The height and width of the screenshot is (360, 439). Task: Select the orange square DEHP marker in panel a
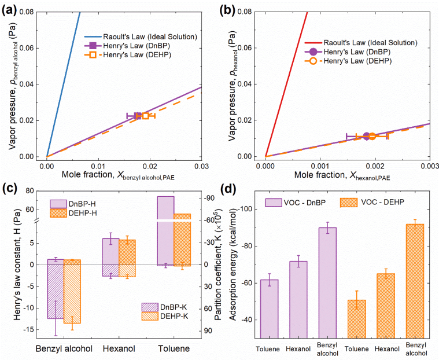pyautogui.click(x=146, y=116)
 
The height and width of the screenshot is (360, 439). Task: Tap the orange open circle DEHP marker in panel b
pyautogui.click(x=372, y=137)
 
